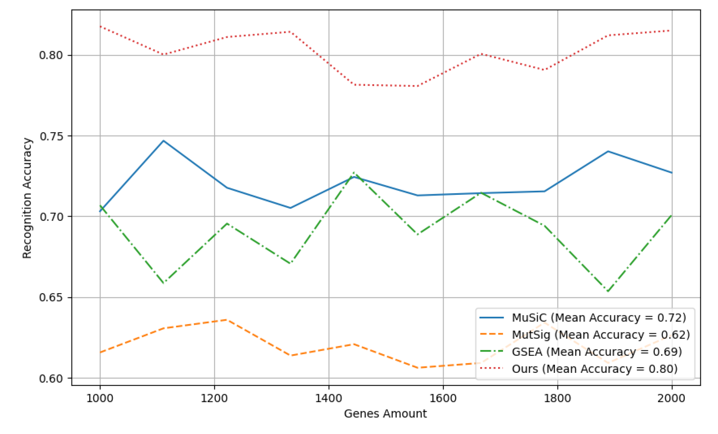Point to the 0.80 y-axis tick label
point(51,55)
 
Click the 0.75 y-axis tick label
point(51,136)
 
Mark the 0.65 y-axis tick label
point(51,298)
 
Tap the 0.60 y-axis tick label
point(51,379)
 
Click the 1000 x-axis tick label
point(100,398)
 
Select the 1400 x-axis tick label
point(329,398)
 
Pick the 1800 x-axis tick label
point(557,398)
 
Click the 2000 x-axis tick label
point(672,398)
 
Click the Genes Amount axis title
point(385,414)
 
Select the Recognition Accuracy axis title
point(27,198)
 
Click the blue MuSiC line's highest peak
point(164,141)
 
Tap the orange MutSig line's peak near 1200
point(227,320)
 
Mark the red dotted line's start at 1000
point(100,27)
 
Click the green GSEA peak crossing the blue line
point(354,173)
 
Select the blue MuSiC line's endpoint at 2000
point(672,173)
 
